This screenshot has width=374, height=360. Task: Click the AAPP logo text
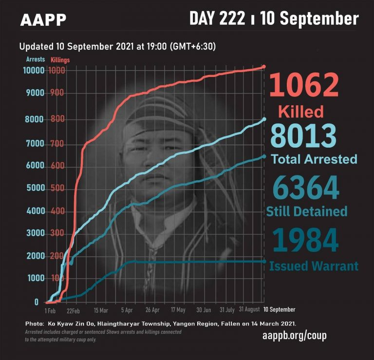[43, 20]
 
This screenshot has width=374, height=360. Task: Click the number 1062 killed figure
[304, 85]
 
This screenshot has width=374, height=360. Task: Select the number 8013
[303, 136]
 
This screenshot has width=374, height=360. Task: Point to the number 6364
[305, 188]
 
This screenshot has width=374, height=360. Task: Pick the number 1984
[305, 240]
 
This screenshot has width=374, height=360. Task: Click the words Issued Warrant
[314, 266]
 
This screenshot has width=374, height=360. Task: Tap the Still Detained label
[306, 211]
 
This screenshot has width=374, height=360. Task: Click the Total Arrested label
[314, 159]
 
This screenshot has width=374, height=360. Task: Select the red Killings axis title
[60, 60]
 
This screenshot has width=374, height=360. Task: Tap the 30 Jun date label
[204, 310]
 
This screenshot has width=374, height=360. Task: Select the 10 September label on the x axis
[279, 310]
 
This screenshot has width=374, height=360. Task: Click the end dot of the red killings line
[264, 66]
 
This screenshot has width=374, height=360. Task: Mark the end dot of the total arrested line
[264, 119]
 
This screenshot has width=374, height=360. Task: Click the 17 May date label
[178, 310]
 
